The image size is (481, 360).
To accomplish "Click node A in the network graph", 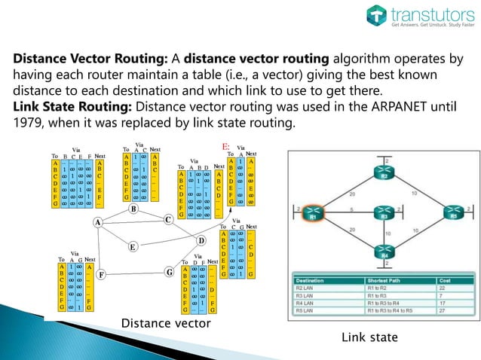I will point(98,222).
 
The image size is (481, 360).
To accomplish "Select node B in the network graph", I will point(133,209).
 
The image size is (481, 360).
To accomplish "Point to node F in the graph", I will point(101,274).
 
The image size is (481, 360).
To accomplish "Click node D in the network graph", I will point(201,240).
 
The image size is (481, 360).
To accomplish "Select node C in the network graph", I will point(168,218).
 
